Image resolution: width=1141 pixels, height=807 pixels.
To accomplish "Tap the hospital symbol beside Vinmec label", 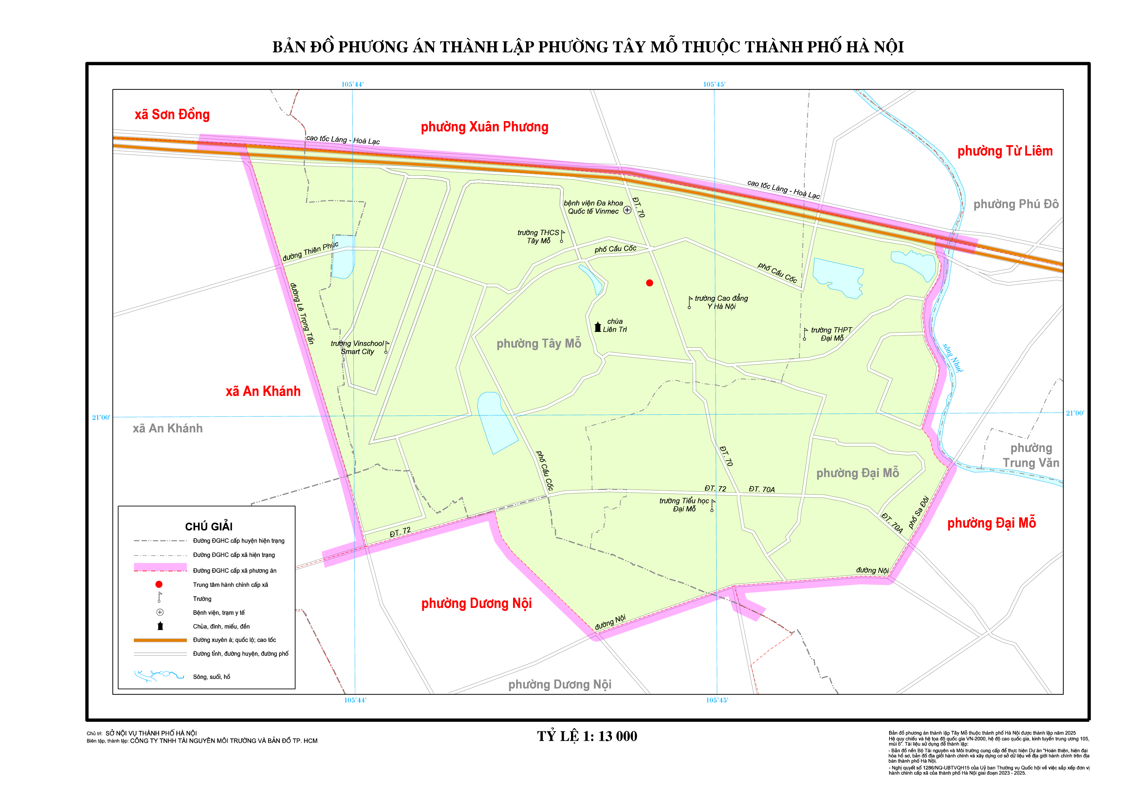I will click(x=627, y=210).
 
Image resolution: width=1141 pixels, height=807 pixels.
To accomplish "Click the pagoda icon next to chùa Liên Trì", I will click(x=598, y=326).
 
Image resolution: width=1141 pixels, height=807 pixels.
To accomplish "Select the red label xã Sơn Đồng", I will click(x=172, y=115).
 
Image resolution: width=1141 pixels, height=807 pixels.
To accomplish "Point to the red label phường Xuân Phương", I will click(x=484, y=127).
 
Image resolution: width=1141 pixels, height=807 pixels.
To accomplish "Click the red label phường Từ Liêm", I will click(x=1005, y=151).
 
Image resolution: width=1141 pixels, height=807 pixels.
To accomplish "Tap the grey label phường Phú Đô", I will click(x=1016, y=204).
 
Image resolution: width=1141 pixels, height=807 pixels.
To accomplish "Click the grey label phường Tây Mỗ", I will click(x=539, y=343).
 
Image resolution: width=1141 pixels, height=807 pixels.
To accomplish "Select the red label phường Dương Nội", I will click(x=476, y=603).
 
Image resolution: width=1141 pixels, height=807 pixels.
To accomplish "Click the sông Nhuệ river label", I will click(x=953, y=358).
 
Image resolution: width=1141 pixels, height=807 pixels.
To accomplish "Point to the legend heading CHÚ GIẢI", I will click(x=209, y=526).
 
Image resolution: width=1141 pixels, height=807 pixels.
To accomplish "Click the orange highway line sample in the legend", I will click(x=160, y=640).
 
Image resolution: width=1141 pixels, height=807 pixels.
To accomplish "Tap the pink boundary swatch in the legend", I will click(x=160, y=568).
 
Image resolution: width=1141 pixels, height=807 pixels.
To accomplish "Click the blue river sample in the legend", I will click(x=159, y=676).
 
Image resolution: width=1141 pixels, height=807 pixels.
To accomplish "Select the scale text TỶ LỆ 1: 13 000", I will click(x=587, y=736).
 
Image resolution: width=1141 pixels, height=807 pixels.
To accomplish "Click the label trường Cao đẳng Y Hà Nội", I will click(x=721, y=302).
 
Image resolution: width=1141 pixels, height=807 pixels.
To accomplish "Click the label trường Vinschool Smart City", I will click(x=357, y=347).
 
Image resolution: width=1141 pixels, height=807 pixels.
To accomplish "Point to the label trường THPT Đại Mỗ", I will click(x=832, y=334).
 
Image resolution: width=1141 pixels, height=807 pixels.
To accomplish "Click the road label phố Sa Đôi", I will click(x=918, y=512).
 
